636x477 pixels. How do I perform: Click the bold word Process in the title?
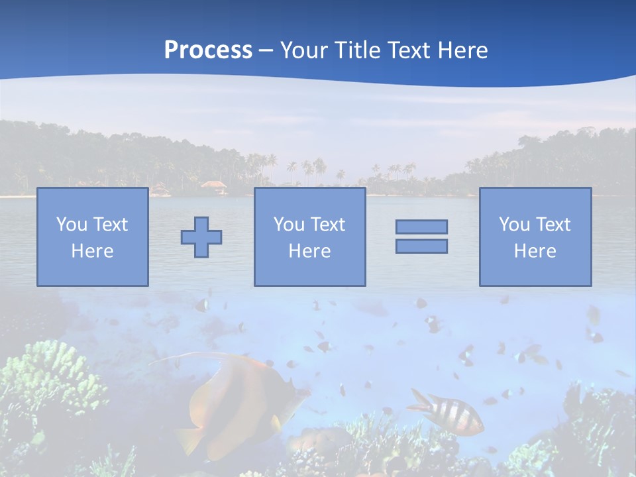(208, 50)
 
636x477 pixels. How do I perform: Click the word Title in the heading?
(358, 50)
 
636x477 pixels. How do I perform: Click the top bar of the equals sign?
(421, 227)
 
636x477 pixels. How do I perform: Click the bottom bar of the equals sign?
(421, 246)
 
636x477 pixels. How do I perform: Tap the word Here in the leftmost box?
(92, 251)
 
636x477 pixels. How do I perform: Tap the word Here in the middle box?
(309, 251)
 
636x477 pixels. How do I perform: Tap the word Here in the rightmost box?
(535, 251)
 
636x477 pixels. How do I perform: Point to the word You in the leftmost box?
(71, 225)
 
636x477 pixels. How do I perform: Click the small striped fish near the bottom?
(447, 411)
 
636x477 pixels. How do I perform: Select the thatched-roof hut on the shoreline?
(213, 186)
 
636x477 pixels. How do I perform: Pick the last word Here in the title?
(463, 50)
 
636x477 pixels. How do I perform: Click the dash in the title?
(266, 51)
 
